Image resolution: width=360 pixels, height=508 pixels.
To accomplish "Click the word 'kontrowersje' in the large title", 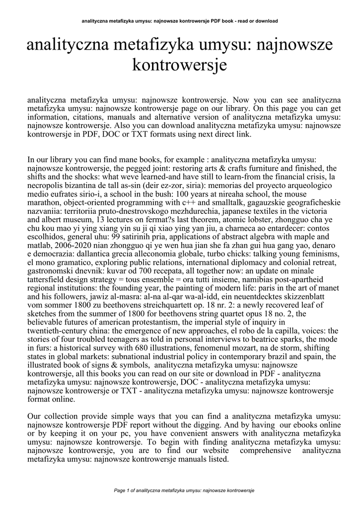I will (x=180, y=64).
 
